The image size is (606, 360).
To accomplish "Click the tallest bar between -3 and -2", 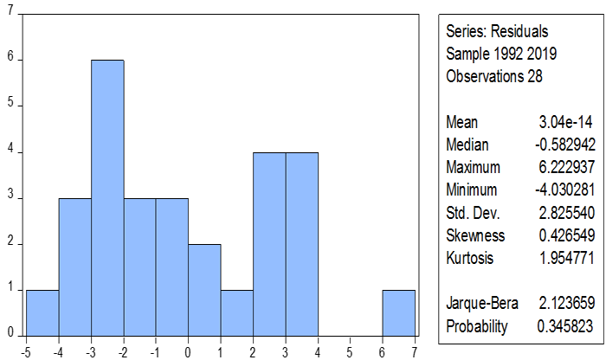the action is coord(107,198).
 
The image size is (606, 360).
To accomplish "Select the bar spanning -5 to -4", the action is coord(42,313).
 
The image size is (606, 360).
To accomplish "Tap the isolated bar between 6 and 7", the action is coord(399,313).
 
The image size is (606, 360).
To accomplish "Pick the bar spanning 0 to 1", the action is coord(204,290).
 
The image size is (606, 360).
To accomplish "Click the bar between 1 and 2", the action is coord(237,313).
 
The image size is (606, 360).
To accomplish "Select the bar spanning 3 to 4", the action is coord(302,244).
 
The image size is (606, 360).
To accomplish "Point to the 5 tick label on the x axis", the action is coord(350,352).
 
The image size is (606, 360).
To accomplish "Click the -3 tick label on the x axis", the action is coord(90,352).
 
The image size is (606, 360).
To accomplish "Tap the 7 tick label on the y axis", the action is coord(10,10).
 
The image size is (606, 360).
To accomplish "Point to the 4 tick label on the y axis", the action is coord(10,148).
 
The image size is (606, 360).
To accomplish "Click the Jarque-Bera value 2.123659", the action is coord(566,302).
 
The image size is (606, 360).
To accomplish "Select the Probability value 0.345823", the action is coord(565,326).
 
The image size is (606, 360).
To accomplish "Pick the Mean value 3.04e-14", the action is coord(565,122).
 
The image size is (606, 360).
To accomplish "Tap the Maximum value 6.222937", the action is coord(566,167).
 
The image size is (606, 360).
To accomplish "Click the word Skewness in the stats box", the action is coord(475,235).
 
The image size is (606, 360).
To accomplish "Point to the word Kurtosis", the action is coord(469,258).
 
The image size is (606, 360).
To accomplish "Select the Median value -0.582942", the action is coord(565,145).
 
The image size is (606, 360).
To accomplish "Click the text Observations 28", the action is coord(494,76).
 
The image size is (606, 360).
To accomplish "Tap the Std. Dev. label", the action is coord(473,213).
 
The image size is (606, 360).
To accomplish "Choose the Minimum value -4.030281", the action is coord(565,190).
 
